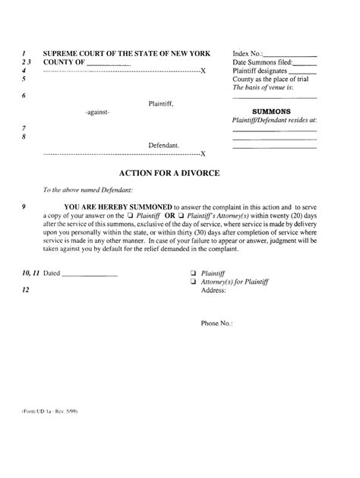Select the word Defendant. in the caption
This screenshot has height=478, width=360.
(x=164, y=143)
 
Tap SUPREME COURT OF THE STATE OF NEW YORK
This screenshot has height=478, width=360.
(x=122, y=54)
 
